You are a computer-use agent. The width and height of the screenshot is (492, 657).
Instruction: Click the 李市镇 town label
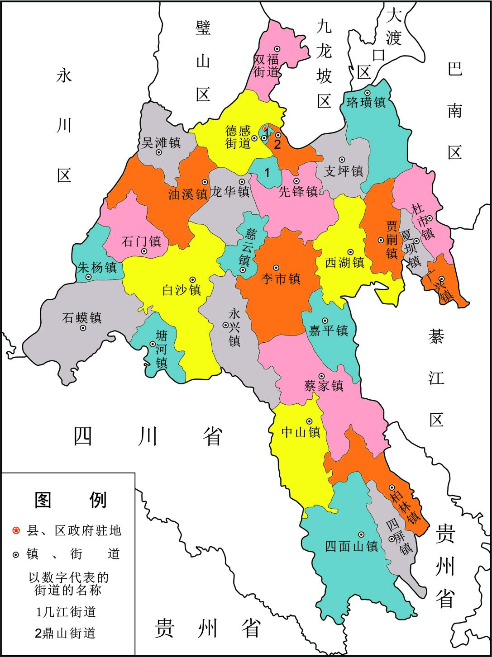click(x=281, y=280)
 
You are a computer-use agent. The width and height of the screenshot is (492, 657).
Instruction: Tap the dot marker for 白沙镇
click(x=192, y=279)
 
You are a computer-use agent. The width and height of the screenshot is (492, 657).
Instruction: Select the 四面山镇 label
click(x=351, y=547)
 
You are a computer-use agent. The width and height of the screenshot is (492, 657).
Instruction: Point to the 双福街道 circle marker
click(x=277, y=48)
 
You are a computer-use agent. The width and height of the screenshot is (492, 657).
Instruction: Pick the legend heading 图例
click(x=70, y=500)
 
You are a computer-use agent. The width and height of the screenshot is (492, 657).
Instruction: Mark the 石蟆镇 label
click(x=82, y=317)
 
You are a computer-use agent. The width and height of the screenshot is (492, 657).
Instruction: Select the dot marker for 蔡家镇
click(x=321, y=376)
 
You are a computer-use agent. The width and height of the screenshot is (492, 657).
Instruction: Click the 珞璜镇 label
click(x=366, y=103)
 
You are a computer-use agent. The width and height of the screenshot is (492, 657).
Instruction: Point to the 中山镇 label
click(x=301, y=432)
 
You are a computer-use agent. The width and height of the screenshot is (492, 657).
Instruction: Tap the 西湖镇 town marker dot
click(x=350, y=252)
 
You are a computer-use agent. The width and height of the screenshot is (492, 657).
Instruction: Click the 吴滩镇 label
click(x=162, y=143)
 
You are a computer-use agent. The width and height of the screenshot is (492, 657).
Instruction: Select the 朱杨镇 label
click(x=98, y=268)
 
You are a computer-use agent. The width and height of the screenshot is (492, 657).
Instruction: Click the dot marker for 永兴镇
click(x=225, y=325)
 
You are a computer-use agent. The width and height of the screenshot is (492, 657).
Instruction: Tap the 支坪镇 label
click(x=344, y=171)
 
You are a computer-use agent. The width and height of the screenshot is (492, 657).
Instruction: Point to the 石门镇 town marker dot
click(x=144, y=251)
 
